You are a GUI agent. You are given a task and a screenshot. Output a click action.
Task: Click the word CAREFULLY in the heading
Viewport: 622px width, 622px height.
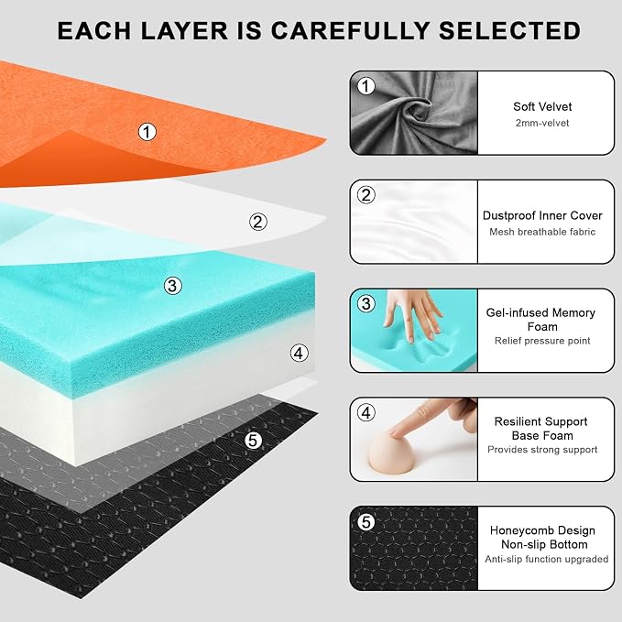pos(350,31)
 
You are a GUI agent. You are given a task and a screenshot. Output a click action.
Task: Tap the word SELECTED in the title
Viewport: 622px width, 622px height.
pos(509,31)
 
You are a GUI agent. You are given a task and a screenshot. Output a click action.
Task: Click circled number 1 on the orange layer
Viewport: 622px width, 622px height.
pos(147,132)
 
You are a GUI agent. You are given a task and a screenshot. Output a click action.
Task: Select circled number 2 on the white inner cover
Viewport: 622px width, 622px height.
pos(257,222)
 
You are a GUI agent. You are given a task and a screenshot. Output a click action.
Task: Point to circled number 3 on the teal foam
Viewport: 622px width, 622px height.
pos(173,286)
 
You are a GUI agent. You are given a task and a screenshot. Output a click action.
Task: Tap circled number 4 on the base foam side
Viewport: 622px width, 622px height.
pos(300,353)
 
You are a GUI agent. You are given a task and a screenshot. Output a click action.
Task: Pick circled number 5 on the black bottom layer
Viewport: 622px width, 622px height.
pos(253,441)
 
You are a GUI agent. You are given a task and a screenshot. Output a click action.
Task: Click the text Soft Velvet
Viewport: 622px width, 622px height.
pos(542,106)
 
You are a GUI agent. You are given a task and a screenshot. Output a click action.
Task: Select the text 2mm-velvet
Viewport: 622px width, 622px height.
pos(542,123)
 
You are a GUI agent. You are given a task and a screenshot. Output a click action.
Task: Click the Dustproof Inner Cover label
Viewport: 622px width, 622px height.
pos(542,215)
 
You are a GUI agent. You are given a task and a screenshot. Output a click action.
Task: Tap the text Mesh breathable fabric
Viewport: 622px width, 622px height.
pos(542,232)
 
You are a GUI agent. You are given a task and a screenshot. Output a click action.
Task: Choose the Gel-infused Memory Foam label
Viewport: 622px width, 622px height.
pos(541,320)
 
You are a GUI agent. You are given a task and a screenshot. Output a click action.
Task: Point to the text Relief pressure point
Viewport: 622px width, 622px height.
pos(542,341)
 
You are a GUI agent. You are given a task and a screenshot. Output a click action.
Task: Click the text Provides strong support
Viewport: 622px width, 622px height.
pos(542,450)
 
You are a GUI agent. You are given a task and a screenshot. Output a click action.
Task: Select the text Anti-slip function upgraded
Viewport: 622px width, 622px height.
pos(546,559)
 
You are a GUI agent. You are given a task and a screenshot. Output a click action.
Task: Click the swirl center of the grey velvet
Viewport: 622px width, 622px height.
pos(417,110)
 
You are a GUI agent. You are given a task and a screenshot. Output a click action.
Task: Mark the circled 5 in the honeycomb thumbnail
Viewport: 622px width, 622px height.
pos(366,521)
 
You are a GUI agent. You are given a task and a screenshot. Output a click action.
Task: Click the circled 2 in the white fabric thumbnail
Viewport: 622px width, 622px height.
pos(366,195)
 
